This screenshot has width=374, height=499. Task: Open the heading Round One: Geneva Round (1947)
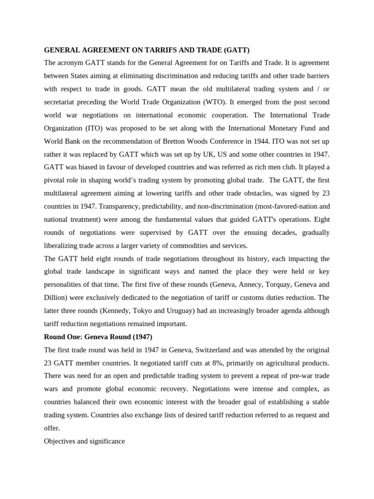[98, 337]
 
